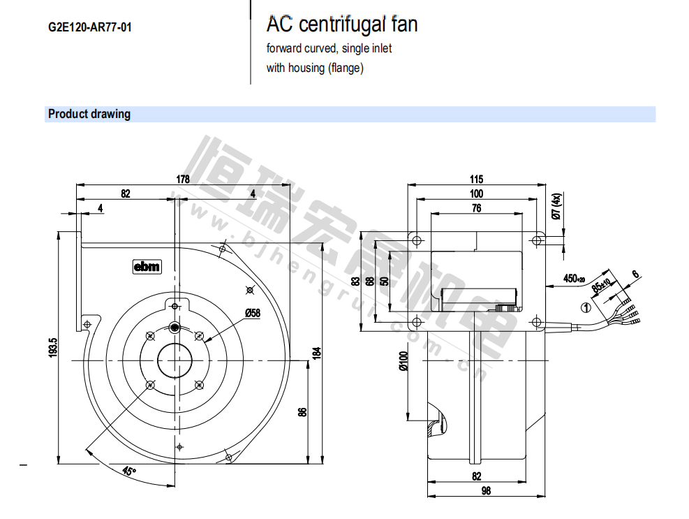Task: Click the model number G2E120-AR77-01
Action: coord(89,28)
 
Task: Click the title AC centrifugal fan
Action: coord(341,25)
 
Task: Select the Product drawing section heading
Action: coord(89,114)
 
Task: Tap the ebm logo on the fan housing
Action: coord(147,266)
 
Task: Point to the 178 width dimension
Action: coord(182,179)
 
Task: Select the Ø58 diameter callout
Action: coord(252,314)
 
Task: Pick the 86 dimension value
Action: coord(302,412)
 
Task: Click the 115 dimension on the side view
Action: coord(476,180)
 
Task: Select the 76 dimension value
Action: coord(476,207)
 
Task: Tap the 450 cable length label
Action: coord(574,279)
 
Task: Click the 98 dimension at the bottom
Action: coord(486,491)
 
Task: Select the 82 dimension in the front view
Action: coord(126,193)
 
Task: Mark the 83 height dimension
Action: coord(356,282)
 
